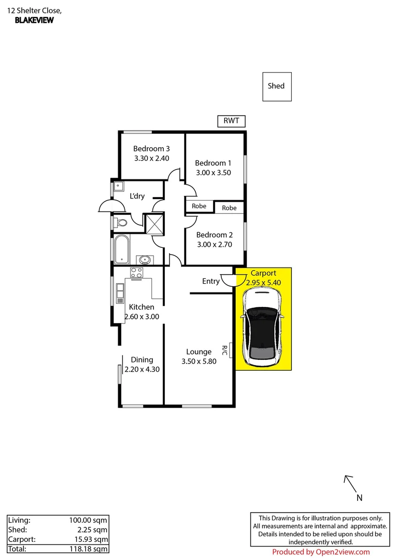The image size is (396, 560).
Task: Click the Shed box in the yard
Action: point(276,87)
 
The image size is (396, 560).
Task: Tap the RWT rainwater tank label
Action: point(231,121)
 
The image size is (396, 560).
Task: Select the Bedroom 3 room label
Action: point(151,149)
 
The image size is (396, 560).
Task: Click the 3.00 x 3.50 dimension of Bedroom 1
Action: point(213,173)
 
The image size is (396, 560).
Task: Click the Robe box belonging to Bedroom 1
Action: point(199,206)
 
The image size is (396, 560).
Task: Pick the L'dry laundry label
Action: point(137,196)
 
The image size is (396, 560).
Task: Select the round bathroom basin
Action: point(144,259)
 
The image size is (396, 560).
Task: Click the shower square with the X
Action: point(154,223)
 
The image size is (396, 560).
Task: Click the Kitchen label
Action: point(142,307)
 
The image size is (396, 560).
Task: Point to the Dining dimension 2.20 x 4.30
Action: point(142,370)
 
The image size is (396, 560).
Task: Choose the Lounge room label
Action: point(199,352)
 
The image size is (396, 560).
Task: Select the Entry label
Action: point(210,281)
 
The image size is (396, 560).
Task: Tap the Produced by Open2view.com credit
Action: point(321,552)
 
